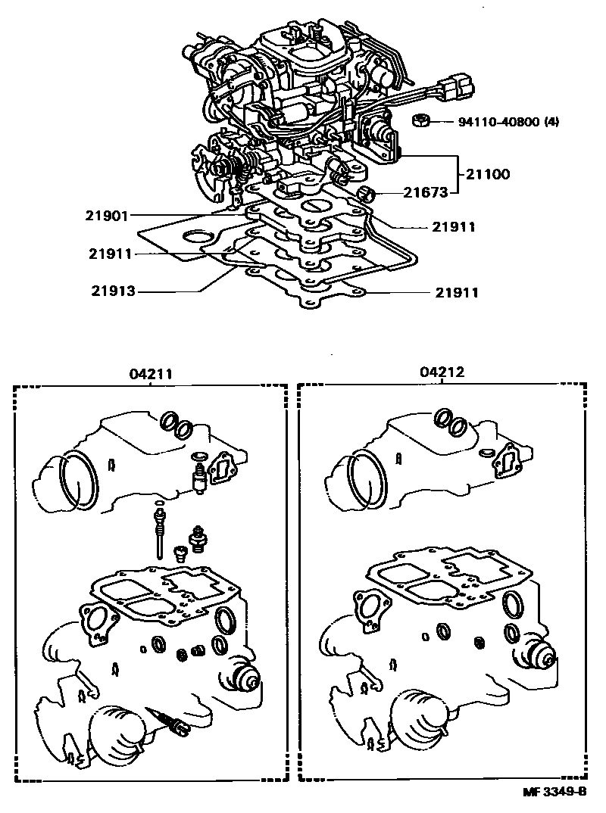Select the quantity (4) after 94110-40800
551,122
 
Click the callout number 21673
420,193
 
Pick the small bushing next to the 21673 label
369,193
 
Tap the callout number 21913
114,290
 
